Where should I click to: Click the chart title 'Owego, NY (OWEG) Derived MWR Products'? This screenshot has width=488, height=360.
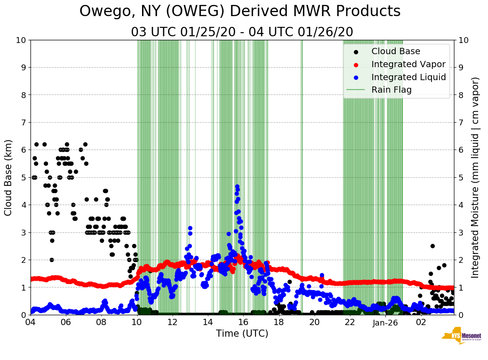coord(240,11)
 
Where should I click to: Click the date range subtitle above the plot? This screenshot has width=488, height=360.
coord(242,32)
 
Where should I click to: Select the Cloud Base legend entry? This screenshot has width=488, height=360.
coord(396,51)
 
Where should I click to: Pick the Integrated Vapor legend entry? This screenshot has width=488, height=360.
coord(408,64)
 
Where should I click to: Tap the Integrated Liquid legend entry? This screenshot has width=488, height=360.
coord(408,77)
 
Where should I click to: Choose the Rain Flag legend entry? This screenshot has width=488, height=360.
coord(391,90)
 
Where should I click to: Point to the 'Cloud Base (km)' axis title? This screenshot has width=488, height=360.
coord(9,177)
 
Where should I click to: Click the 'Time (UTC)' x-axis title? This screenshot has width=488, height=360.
coord(242,334)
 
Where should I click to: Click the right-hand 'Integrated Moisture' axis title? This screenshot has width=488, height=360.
coord(475,177)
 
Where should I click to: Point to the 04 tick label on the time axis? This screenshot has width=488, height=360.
coord(30,322)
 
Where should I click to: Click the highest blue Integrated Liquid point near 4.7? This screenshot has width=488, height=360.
coord(237,186)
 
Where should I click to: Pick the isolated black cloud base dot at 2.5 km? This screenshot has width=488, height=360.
coord(432,246)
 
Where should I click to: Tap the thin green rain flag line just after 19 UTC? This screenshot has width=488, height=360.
coord(302,177)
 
